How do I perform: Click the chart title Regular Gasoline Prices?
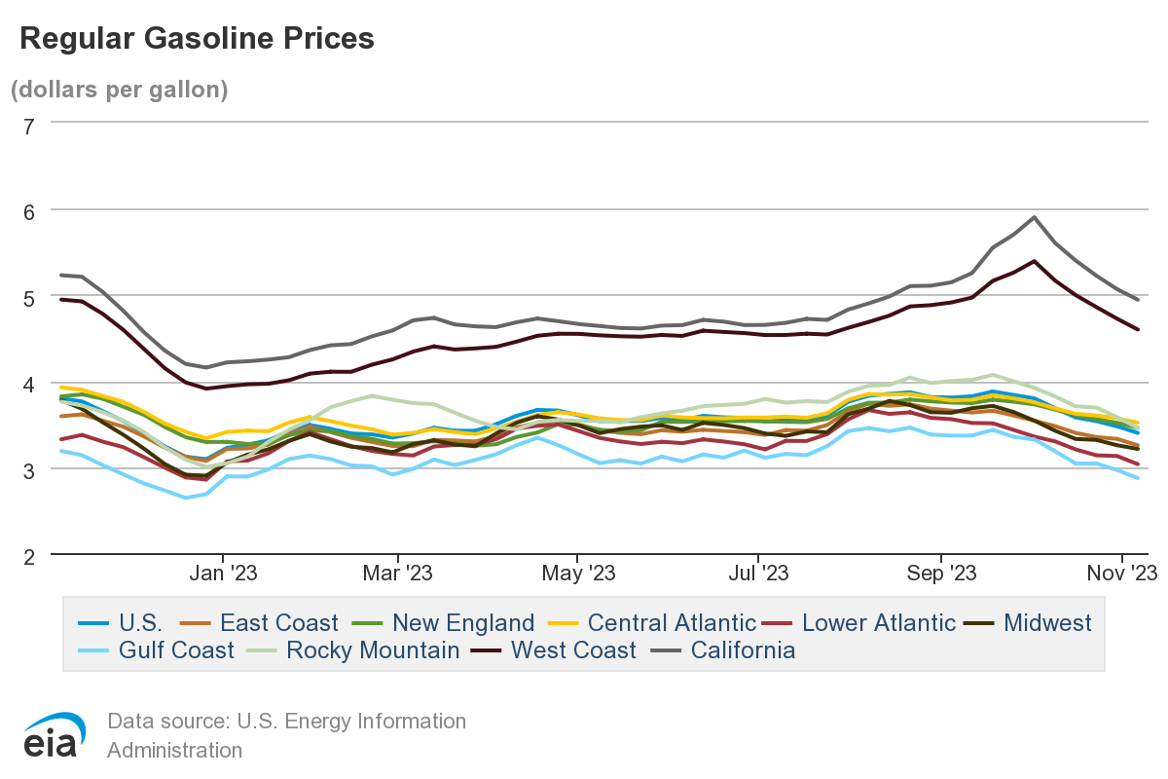pos(197,38)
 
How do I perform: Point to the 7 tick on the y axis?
pos(28,125)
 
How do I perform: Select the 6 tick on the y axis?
pos(28,210)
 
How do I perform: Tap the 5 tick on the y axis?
pos(28,297)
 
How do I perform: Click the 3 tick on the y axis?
pos(28,469)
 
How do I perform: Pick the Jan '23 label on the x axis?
pos(222,574)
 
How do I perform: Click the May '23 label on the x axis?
pos(577,574)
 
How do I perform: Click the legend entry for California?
pos(743,649)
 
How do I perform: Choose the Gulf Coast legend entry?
pos(176,649)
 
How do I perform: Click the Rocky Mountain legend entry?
pos(372,649)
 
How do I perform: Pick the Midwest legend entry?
pos(1046,622)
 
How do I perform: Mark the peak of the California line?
pos(1034,217)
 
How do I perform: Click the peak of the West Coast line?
pos(1033,261)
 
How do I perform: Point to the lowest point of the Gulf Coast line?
pos(186,498)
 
